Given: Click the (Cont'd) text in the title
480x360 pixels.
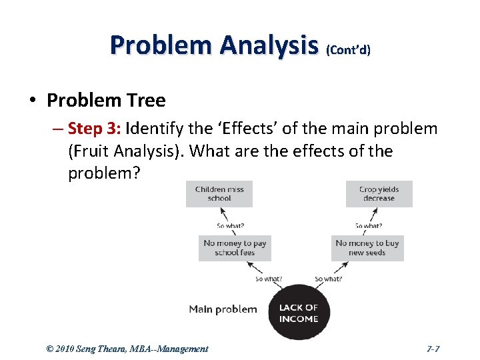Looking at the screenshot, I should click(348, 50).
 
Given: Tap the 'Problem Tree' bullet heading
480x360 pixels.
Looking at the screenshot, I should click(106, 101).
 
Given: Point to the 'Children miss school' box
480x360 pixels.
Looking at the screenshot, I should click(219, 194).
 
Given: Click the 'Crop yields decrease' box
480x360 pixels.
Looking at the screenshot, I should click(379, 194).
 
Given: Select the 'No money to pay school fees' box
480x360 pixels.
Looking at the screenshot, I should click(235, 247).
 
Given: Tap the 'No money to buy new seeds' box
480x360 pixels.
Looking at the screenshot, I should click(367, 247).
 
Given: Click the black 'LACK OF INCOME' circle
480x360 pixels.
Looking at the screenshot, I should click(298, 313).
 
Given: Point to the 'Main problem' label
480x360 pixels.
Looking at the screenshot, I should click(223, 309).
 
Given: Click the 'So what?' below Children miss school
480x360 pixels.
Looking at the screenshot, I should click(231, 225).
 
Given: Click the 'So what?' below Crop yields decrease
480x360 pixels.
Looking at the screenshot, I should click(368, 225).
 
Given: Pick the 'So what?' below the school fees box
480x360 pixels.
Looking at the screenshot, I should click(269, 279).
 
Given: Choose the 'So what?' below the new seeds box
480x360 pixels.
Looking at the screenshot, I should click(328, 279).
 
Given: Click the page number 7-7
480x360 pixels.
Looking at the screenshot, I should click(433, 349).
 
